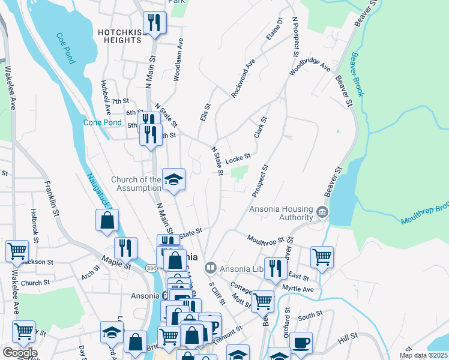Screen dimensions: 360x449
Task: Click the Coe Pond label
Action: pyautogui.click(x=66, y=48)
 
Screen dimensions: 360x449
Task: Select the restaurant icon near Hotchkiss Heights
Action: pyautogui.click(x=154, y=23)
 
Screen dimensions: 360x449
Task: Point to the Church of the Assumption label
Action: pyautogui.click(x=136, y=185)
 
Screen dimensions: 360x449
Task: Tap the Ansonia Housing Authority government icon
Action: pyautogui.click(x=322, y=212)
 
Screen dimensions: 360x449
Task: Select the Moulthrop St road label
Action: pyautogui.click(x=265, y=240)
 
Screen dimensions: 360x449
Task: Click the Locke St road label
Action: pyautogui.click(x=238, y=158)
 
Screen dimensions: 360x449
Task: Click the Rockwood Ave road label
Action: pyautogui.click(x=244, y=78)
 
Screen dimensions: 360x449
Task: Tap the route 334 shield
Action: pyautogui.click(x=153, y=268)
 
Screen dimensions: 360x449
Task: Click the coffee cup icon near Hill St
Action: pyautogui.click(x=301, y=343)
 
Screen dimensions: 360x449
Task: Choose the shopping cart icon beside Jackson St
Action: pyautogui.click(x=17, y=251)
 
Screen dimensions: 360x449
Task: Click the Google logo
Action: pyautogui.click(x=19, y=353)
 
